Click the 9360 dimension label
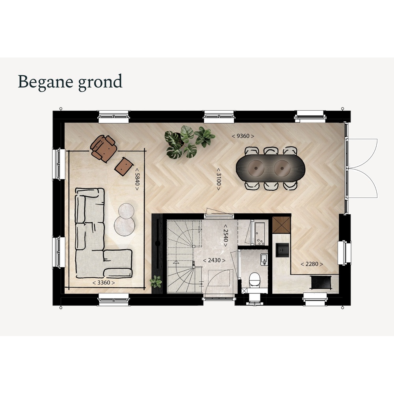tap(243, 136)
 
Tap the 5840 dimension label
tap(137, 179)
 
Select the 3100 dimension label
tap(219, 179)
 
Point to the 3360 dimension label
tap(104, 282)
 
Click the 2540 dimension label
tap(226, 236)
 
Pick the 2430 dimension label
tap(214, 260)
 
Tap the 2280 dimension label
tap(312, 264)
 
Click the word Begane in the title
tap(45, 82)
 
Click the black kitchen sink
tap(282, 250)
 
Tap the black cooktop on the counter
tap(321, 282)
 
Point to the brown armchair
tap(103, 148)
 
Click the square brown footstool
tap(124, 166)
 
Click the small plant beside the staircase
tap(156, 282)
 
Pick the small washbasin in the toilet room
tap(264, 259)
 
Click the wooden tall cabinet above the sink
tap(281, 225)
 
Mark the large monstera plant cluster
tap(189, 141)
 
